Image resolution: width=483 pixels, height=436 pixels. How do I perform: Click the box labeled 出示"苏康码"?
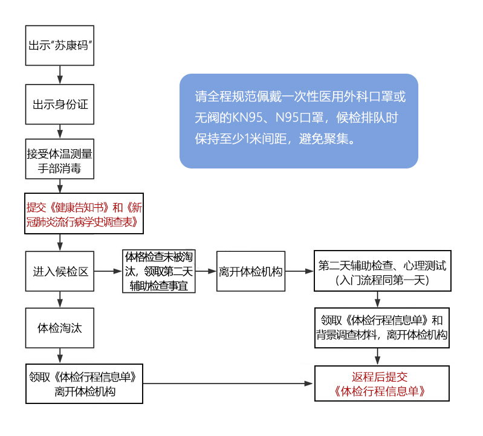tap(60, 45)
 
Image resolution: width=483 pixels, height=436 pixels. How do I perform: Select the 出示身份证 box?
tap(60, 104)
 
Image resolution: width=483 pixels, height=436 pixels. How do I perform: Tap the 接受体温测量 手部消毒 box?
tap(60, 159)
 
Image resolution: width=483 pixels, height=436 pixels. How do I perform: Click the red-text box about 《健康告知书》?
tap(85, 214)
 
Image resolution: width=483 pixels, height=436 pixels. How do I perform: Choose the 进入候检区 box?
tap(60, 272)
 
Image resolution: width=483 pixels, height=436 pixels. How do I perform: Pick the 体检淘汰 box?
tap(60, 329)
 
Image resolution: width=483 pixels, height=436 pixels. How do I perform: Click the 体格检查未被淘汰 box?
tap(160, 272)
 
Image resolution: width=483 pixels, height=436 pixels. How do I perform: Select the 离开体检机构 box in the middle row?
tap(251, 272)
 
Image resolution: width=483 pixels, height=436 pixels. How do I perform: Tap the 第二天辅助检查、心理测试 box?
tap(381, 272)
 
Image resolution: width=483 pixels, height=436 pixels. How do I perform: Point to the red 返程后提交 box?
tap(381, 383)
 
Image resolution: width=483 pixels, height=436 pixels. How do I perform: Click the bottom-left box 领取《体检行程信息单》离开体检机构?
tap(85, 383)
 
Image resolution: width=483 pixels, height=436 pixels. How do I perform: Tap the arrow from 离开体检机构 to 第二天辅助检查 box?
tap(299, 272)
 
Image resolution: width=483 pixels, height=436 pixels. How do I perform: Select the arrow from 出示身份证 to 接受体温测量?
tap(60, 132)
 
